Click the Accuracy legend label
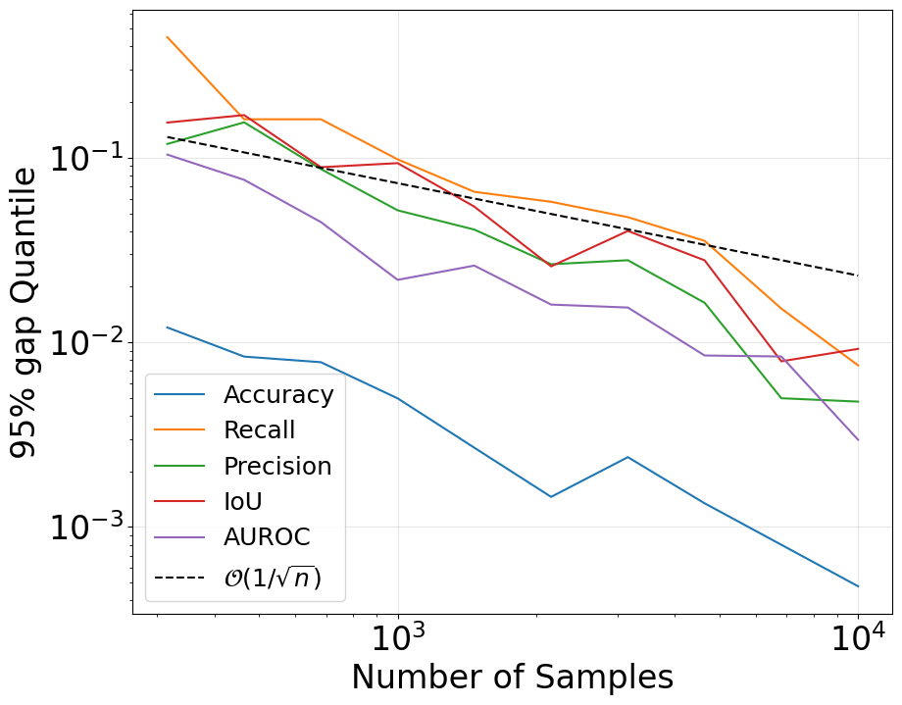278,395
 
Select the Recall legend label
259,430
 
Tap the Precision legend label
277,466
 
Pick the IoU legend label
243,501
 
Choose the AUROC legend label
267,536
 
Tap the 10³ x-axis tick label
398,641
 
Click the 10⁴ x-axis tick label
858,641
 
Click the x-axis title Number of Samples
512,679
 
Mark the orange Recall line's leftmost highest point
168,37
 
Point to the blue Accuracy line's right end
859,586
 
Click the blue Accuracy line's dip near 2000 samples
551,496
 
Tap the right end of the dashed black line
859,276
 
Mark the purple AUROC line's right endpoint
859,439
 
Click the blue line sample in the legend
180,395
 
